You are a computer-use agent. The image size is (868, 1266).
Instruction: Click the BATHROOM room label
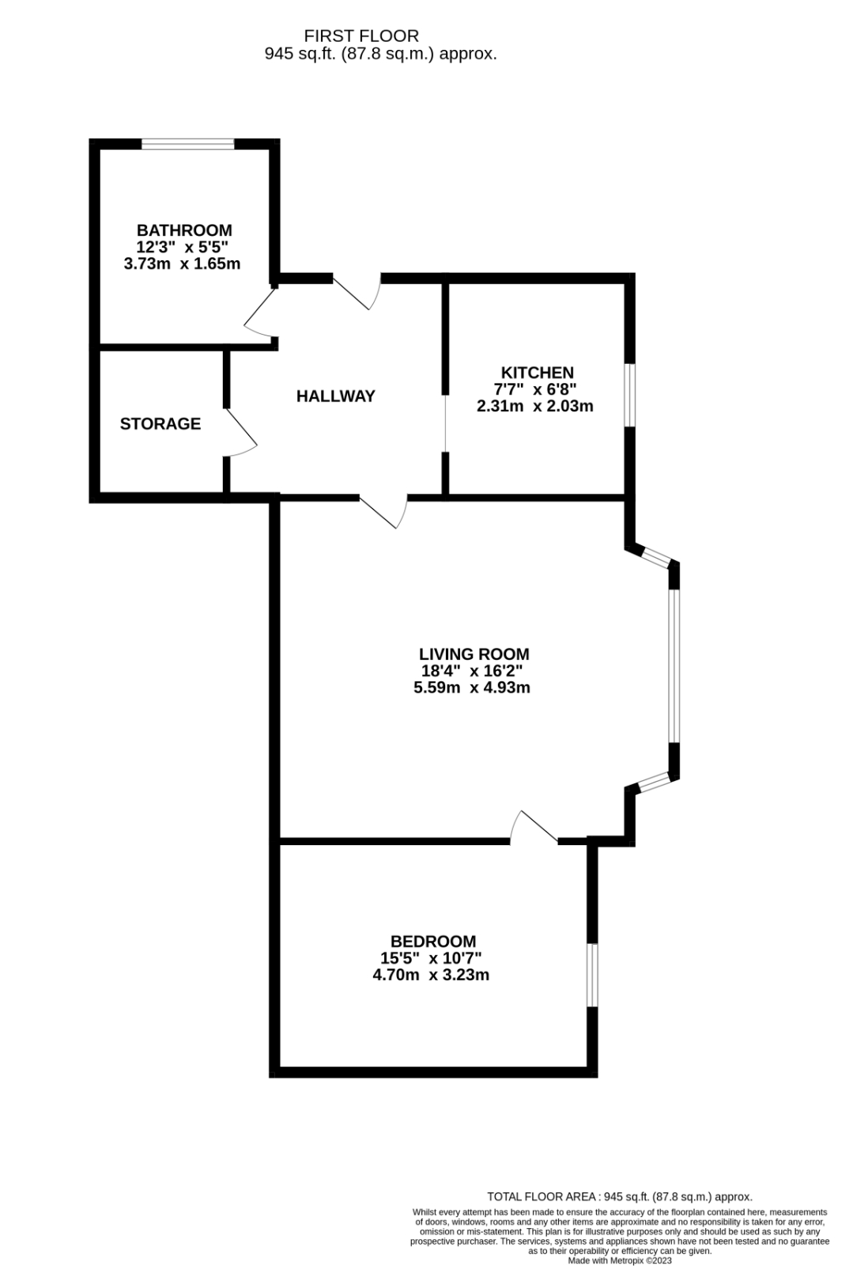click(x=184, y=230)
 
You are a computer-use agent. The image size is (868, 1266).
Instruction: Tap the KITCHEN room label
click(x=537, y=373)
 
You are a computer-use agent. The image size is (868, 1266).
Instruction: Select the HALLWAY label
click(x=335, y=396)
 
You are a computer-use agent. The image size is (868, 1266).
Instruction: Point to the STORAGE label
click(x=160, y=424)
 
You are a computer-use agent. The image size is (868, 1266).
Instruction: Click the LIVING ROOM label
click(x=474, y=654)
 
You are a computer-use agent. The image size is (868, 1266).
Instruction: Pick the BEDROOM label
click(x=433, y=941)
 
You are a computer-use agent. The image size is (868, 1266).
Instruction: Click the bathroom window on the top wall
click(x=187, y=144)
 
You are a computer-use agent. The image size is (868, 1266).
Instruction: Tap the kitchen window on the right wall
click(x=630, y=395)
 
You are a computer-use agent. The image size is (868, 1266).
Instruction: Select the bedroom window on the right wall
click(x=592, y=974)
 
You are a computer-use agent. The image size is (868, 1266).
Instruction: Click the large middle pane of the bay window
click(x=674, y=665)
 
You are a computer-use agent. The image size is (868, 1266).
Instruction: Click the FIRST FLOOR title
click(x=361, y=36)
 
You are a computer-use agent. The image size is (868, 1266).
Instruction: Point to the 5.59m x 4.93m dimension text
click(x=472, y=688)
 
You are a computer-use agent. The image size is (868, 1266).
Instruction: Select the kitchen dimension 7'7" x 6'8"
click(x=535, y=389)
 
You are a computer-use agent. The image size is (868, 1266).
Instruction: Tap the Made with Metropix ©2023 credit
click(x=620, y=1260)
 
